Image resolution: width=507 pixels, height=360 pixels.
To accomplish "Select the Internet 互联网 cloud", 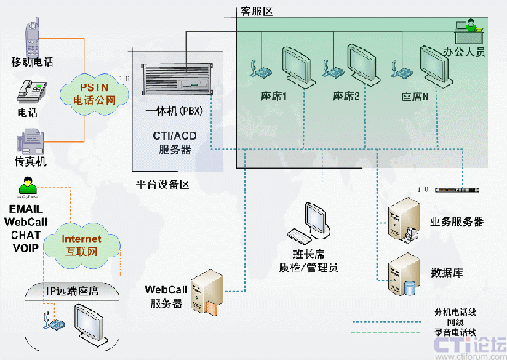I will tap(80, 244).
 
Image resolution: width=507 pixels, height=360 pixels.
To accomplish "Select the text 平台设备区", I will tap(162, 185).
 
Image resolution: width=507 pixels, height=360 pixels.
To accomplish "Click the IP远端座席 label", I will tap(73, 292).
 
